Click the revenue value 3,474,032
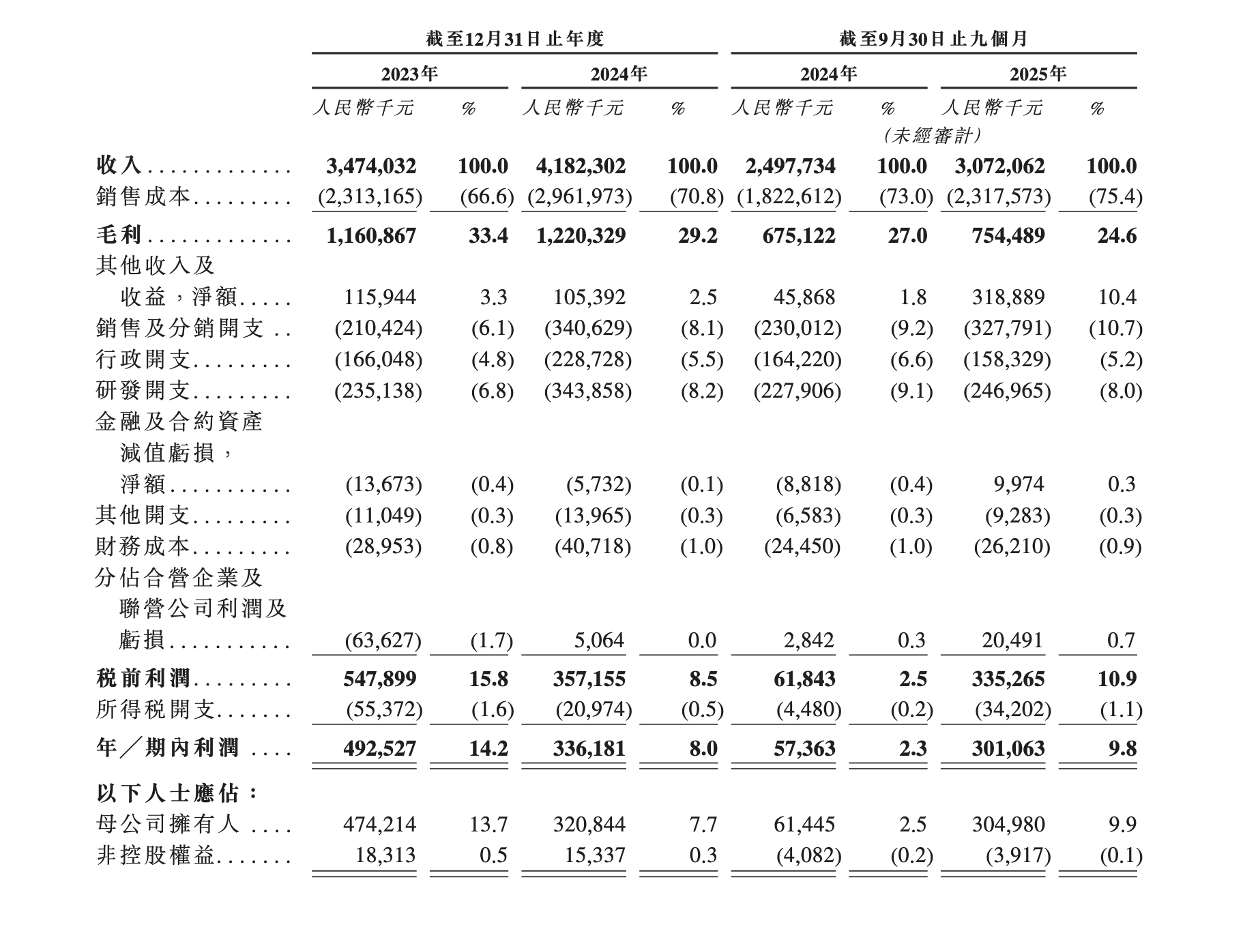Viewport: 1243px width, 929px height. point(371,166)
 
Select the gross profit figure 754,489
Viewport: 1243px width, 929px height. point(1008,235)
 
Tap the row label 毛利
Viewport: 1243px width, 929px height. point(119,235)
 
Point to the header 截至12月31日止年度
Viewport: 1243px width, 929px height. point(514,39)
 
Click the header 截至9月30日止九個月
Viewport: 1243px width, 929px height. point(933,39)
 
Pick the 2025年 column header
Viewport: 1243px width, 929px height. point(1038,74)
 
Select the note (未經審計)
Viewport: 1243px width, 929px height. point(932,136)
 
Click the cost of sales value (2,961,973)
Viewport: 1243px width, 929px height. point(581,196)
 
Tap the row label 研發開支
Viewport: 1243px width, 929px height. point(143,390)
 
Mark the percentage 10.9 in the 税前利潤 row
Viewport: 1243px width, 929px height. point(1117,679)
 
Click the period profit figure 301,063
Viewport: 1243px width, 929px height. point(1008,748)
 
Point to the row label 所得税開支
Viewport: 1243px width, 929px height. point(156,710)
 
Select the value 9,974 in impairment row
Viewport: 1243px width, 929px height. point(1018,484)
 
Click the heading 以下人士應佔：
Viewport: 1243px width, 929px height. point(177,793)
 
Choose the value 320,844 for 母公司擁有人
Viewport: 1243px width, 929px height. point(589,824)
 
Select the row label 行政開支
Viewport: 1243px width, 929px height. point(143,359)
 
